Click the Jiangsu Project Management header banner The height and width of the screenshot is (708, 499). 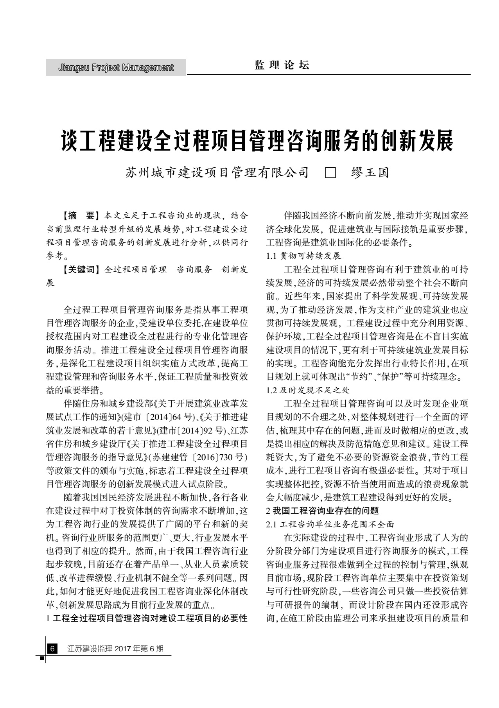coord(116,68)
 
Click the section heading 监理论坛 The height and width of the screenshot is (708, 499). coord(282,65)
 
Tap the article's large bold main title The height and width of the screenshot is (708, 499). coord(257,141)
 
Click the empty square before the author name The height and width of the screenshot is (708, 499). coord(330,172)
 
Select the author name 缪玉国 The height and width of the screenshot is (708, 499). coord(370,172)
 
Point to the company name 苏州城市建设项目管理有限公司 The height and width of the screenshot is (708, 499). coord(217,172)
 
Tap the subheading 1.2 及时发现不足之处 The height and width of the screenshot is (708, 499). coord(308,390)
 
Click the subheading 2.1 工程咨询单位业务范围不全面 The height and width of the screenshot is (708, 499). coord(330,524)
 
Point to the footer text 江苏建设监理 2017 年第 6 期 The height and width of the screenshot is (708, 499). coord(115,649)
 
